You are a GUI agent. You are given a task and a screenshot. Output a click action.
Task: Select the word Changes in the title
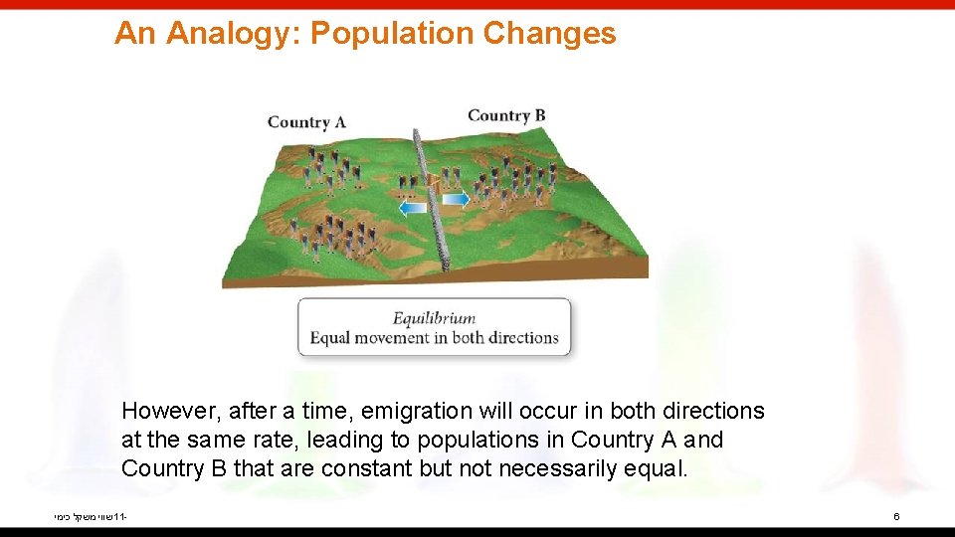coord(549,34)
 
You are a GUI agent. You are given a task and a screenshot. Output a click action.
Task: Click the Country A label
coord(306,122)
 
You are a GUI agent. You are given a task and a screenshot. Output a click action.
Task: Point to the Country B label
coord(506,115)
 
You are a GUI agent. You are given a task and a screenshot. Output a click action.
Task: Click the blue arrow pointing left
coord(412,207)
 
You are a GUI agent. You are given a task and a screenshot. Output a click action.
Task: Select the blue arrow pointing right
coord(455,200)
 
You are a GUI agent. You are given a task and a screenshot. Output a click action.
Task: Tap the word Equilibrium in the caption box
coord(434,319)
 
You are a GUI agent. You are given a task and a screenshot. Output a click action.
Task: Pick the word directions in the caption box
coord(522,338)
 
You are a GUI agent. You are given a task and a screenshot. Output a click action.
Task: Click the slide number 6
coord(896,517)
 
